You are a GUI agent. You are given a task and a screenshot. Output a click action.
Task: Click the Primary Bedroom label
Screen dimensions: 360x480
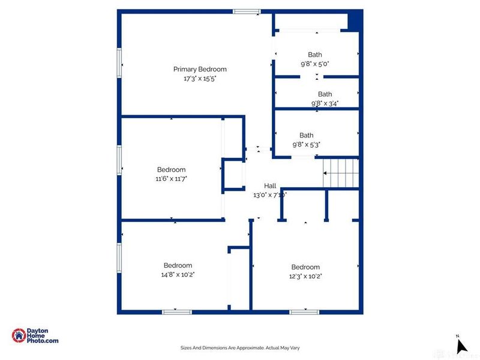pyautogui.click(x=200, y=69)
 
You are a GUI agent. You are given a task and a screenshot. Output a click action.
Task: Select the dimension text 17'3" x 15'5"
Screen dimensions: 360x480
pyautogui.click(x=200, y=79)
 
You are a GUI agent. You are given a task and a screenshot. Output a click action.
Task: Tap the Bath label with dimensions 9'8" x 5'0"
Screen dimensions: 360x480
pyautogui.click(x=315, y=55)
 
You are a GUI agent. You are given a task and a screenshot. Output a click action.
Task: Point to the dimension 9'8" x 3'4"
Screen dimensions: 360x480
pyautogui.click(x=325, y=103)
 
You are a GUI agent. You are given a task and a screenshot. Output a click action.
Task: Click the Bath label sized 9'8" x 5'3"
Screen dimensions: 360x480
pyautogui.click(x=307, y=135)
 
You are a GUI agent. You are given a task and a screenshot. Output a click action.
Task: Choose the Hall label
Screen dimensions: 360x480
pyautogui.click(x=269, y=185)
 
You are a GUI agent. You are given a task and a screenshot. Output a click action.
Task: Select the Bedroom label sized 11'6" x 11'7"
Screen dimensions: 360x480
pyautogui.click(x=171, y=169)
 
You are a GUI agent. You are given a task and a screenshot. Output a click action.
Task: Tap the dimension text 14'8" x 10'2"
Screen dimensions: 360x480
pyautogui.click(x=178, y=274)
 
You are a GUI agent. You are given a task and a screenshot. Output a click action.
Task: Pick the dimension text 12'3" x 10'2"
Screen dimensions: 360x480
pyautogui.click(x=305, y=276)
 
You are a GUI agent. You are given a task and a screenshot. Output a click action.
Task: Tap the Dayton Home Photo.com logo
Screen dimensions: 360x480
pyautogui.click(x=35, y=336)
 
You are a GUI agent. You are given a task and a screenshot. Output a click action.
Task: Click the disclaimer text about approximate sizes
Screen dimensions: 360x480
pyautogui.click(x=240, y=347)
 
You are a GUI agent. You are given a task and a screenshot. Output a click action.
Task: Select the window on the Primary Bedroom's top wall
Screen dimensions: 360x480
pyautogui.click(x=247, y=11)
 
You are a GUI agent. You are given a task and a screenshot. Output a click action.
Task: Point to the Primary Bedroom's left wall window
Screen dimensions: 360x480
pyautogui.click(x=119, y=62)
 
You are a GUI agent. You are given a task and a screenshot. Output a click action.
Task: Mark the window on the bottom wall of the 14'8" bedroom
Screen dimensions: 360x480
pyautogui.click(x=177, y=312)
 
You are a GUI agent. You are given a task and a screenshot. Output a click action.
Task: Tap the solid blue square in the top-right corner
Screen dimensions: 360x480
pyautogui.click(x=355, y=20)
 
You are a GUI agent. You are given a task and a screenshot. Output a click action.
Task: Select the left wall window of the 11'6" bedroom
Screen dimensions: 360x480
pyautogui.click(x=119, y=161)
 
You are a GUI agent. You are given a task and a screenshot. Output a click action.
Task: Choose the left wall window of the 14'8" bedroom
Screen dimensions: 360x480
pyautogui.click(x=119, y=256)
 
